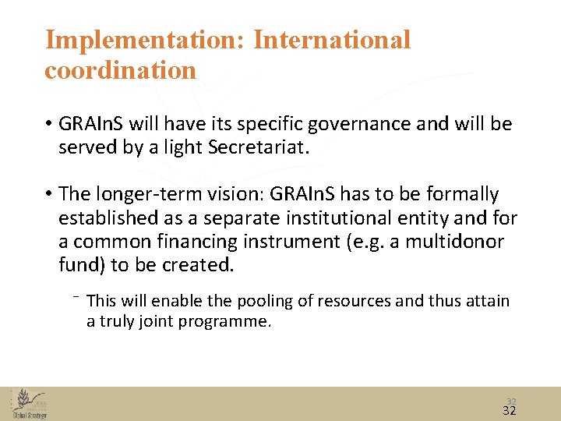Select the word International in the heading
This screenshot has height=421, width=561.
click(x=331, y=40)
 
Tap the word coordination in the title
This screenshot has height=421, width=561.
click(x=120, y=70)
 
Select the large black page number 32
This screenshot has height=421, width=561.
click(x=510, y=410)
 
